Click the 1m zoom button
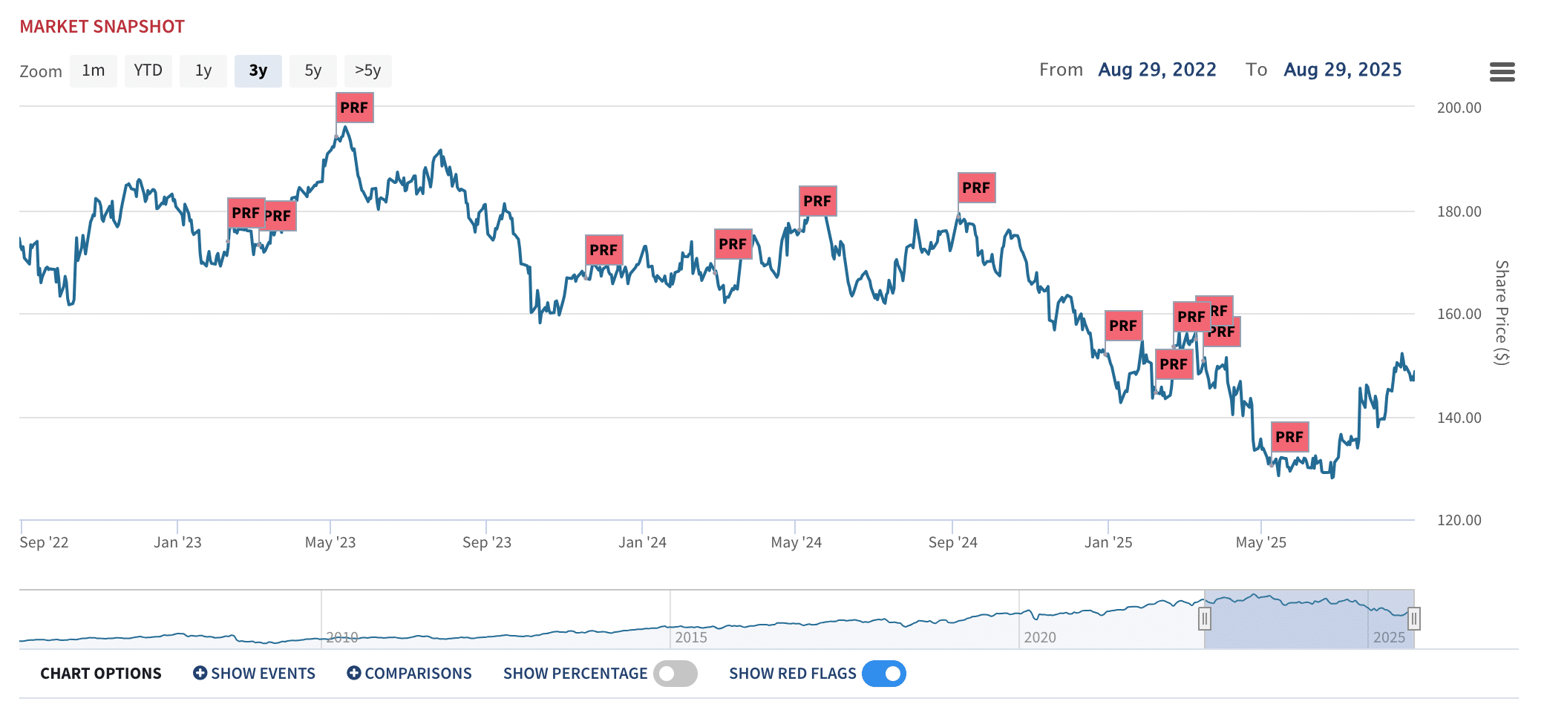(94, 71)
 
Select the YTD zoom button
(148, 71)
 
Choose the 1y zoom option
(203, 71)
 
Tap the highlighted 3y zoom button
(258, 71)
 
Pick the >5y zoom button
(367, 71)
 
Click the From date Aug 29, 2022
(1157, 70)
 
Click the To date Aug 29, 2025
(1342, 70)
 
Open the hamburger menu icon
(1502, 72)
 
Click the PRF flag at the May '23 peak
(354, 108)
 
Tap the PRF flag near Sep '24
(976, 188)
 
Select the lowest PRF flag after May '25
(1289, 437)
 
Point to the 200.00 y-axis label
(1459, 108)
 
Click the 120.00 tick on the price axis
(1459, 520)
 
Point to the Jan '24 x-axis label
(642, 542)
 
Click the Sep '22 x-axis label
(44, 542)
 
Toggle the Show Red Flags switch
(883, 674)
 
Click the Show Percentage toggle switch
(675, 674)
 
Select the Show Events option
(254, 674)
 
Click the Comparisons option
(409, 674)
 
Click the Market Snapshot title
(102, 27)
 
